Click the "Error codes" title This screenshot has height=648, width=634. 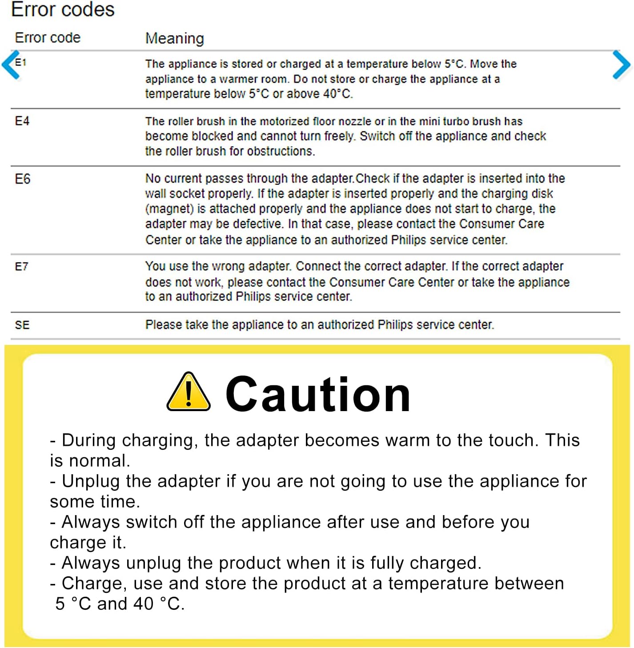click(x=63, y=9)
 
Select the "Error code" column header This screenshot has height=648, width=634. click(x=48, y=38)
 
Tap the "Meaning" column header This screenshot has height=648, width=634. click(x=174, y=39)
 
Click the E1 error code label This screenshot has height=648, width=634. click(x=21, y=62)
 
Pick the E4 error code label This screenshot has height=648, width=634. click(x=22, y=121)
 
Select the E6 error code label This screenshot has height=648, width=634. click(x=23, y=179)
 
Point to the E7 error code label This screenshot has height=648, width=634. click(x=22, y=267)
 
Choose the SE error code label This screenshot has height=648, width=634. click(x=22, y=325)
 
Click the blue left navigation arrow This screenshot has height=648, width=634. click(x=11, y=65)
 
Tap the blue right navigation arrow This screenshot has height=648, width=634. click(x=621, y=65)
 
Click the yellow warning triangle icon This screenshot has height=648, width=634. click(x=189, y=392)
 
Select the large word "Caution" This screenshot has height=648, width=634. click(x=318, y=394)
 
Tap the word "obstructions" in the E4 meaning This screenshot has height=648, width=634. click(x=281, y=151)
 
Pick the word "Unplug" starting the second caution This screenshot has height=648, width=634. click(x=91, y=481)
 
